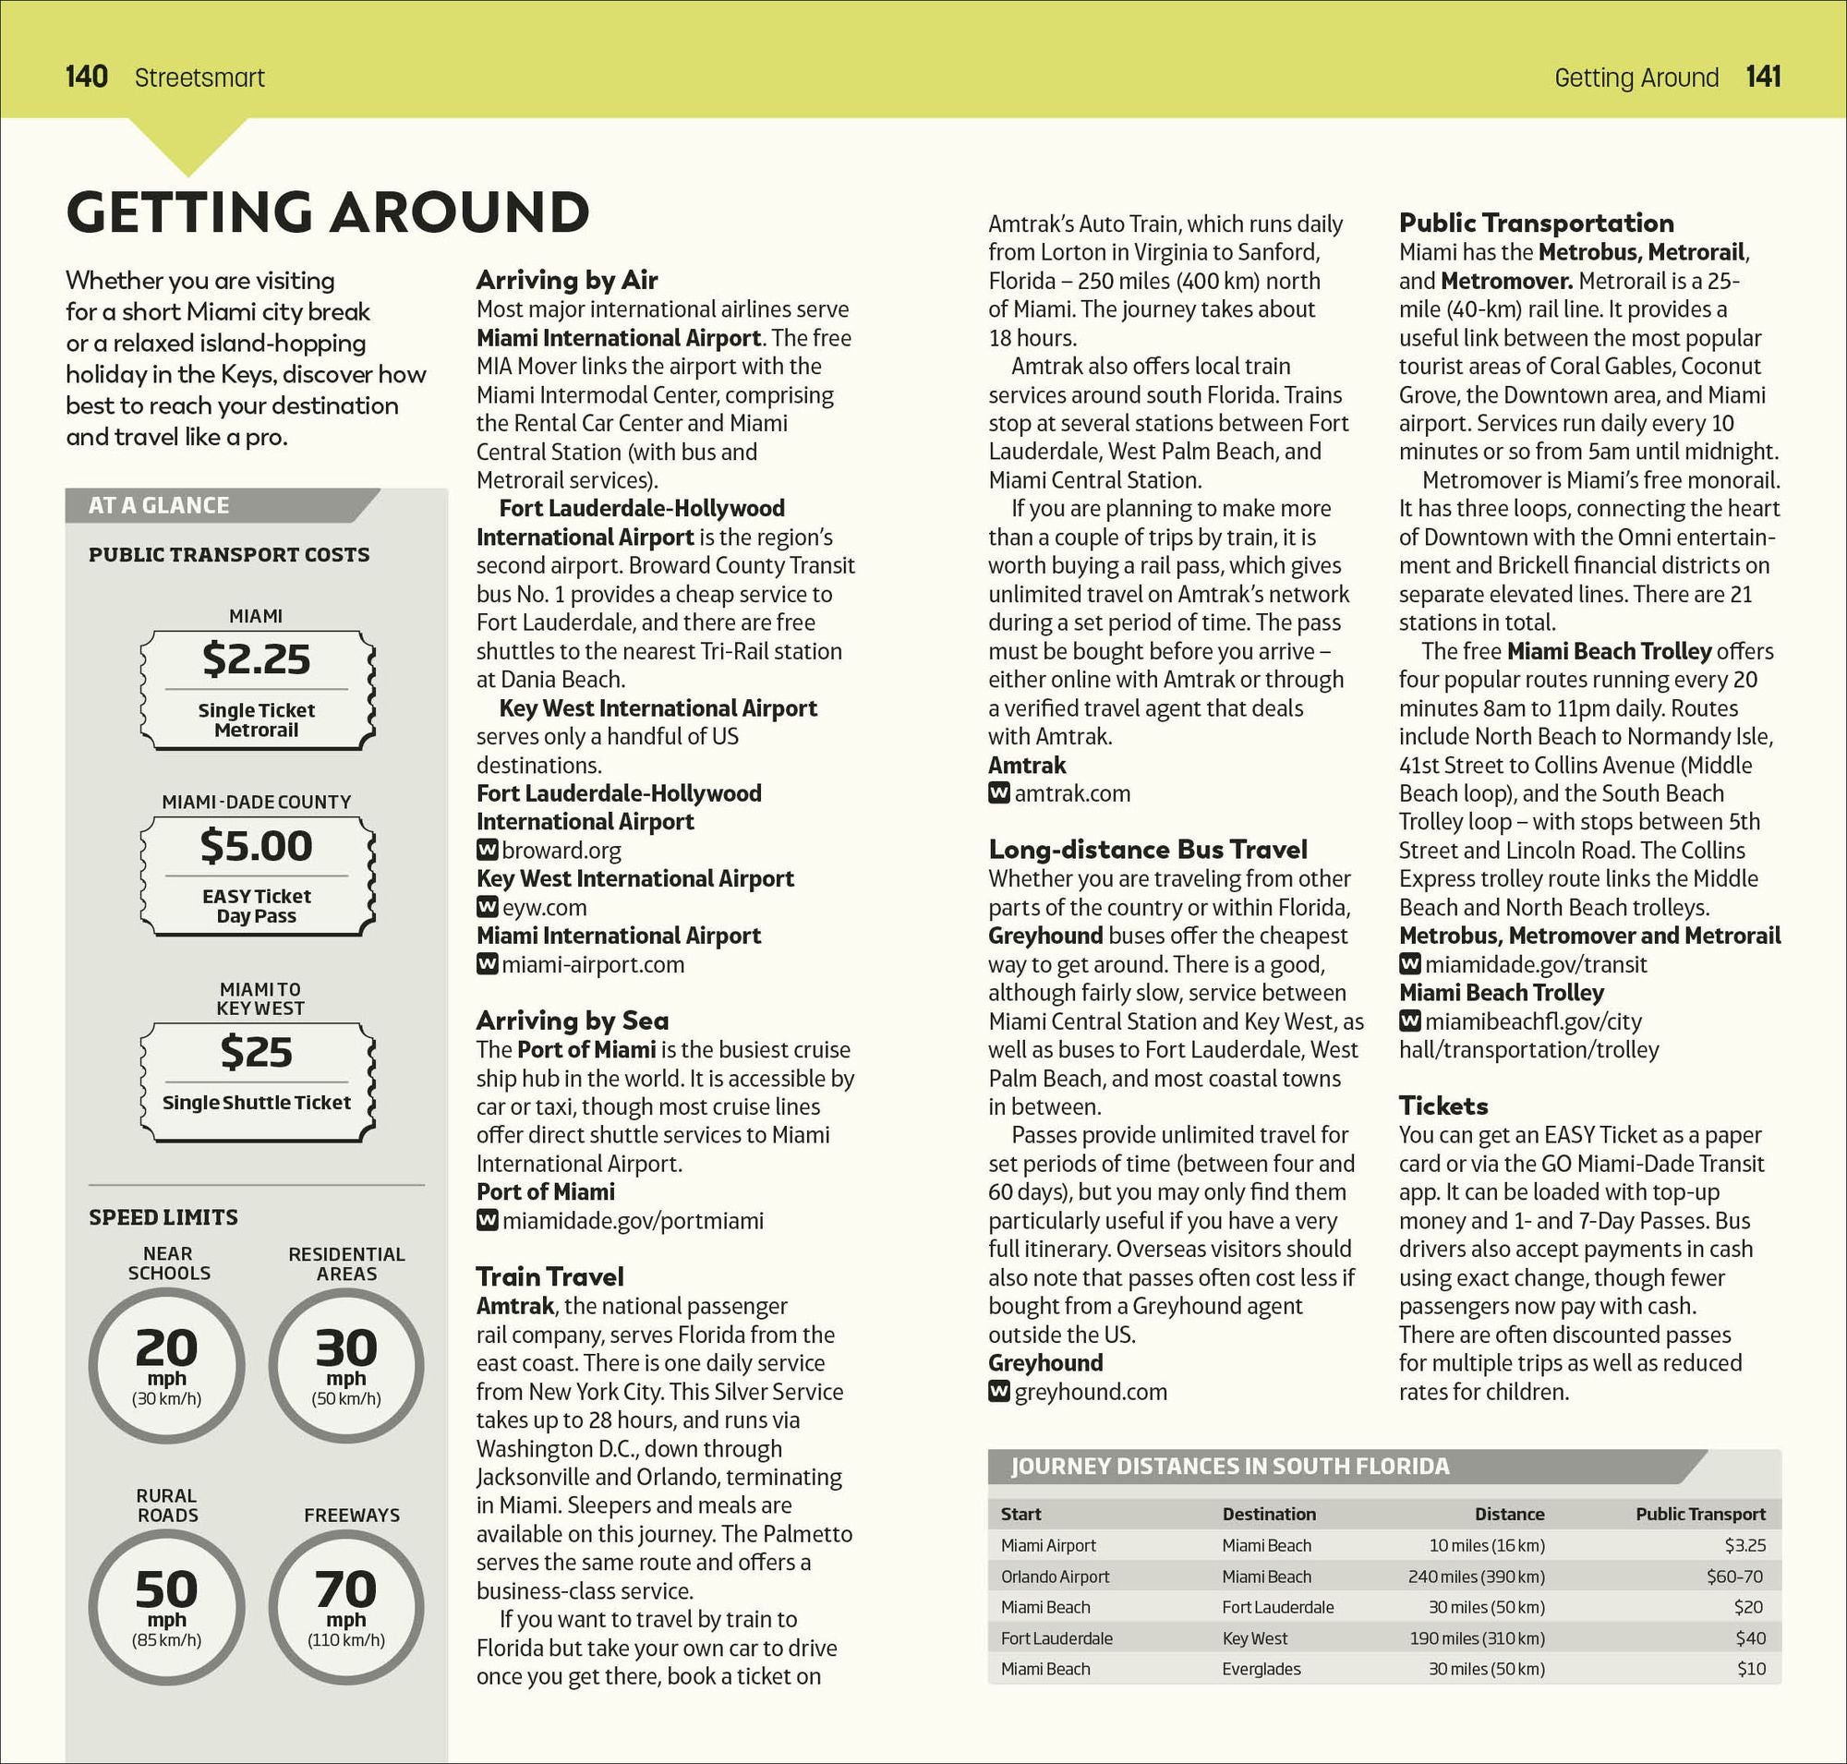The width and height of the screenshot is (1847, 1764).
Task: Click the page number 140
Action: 87,76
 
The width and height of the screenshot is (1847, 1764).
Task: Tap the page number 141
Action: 1763,76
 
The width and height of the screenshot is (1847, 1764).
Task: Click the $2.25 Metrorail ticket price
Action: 256,659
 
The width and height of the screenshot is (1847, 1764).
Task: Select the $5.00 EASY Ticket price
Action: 256,845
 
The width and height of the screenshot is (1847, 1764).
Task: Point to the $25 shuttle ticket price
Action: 256,1051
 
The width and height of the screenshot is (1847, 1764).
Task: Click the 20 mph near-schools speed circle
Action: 166,1364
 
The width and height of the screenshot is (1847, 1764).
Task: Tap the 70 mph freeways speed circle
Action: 346,1606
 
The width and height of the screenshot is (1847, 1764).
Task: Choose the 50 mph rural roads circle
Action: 166,1606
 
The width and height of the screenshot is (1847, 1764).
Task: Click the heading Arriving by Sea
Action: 572,1021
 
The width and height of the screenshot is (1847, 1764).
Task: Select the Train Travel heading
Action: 549,1276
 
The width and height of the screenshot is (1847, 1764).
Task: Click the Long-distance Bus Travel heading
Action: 1147,849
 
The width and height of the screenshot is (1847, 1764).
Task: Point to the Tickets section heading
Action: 1443,1105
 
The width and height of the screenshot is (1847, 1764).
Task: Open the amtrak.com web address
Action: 1072,793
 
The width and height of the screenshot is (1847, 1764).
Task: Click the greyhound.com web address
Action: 1090,1392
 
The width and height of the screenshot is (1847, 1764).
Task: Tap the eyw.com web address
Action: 544,907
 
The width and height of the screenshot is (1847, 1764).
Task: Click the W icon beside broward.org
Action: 487,850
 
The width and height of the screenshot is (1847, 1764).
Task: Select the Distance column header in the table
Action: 1508,1514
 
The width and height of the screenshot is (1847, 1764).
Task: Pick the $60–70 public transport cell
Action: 1734,1576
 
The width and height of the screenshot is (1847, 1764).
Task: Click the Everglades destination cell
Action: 1262,1669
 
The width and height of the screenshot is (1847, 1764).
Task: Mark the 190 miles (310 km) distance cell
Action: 1477,1638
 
